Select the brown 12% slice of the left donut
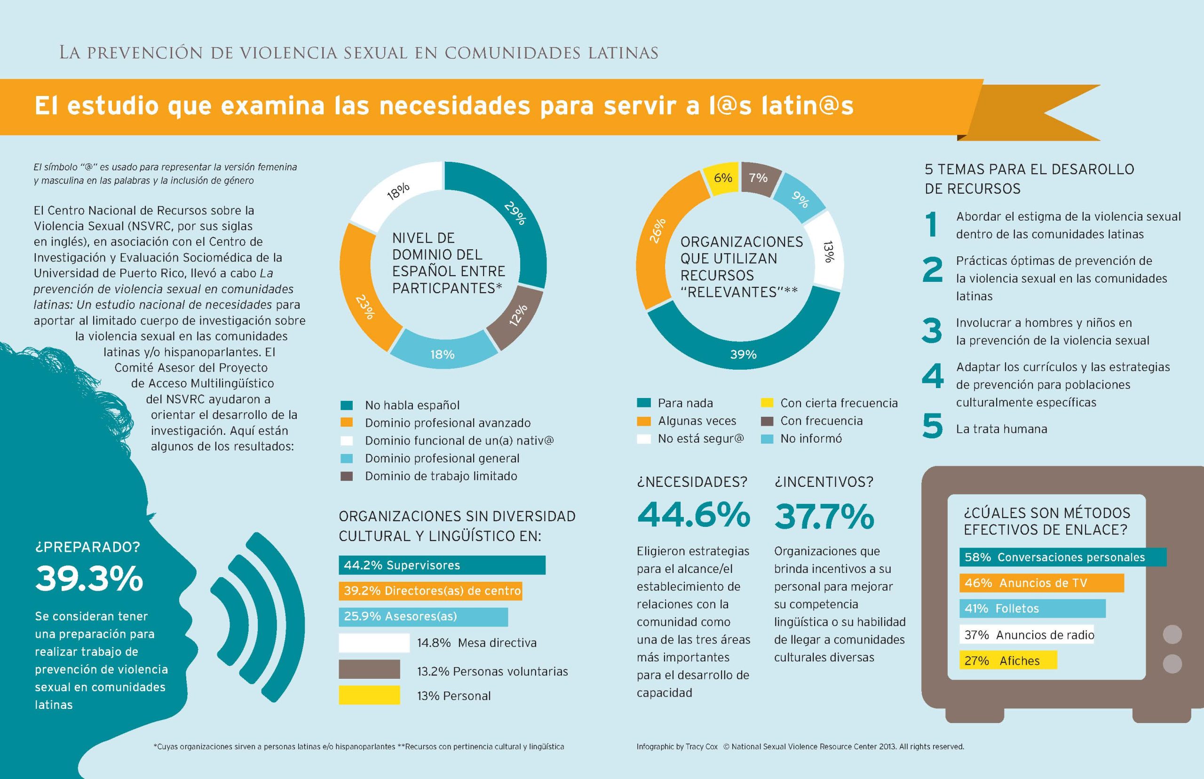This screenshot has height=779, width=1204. click(x=517, y=316)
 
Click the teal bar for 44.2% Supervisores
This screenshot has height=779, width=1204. click(x=442, y=565)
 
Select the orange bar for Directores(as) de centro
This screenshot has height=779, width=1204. click(x=430, y=591)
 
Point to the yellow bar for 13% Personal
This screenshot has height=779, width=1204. click(x=369, y=695)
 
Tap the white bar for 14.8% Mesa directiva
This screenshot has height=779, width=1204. click(x=374, y=643)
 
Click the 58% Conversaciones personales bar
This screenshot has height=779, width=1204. click(x=1062, y=557)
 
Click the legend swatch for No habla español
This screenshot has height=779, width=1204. click(x=346, y=405)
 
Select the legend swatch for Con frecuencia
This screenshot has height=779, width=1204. click(x=767, y=421)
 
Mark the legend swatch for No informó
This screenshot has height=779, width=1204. click(x=767, y=438)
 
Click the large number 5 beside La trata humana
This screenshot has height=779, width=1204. click(x=933, y=426)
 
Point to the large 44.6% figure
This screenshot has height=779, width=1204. click(x=693, y=516)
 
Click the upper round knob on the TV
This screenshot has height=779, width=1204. click(x=1172, y=634)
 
